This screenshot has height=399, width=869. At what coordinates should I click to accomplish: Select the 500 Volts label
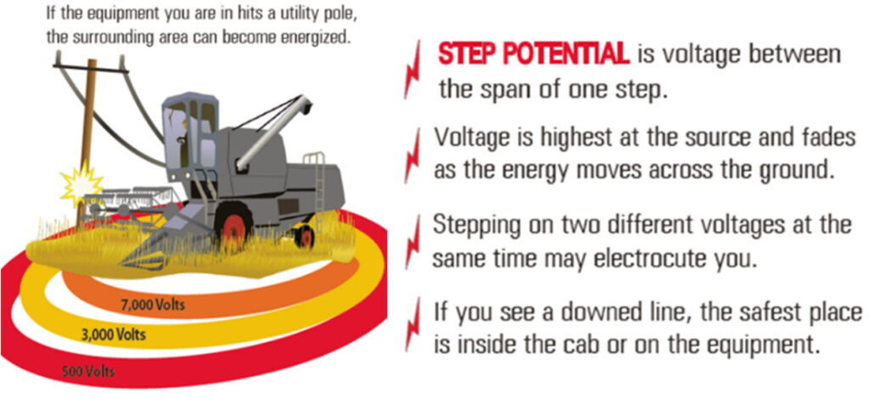click(x=88, y=371)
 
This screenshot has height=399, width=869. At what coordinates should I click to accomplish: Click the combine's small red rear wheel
click(x=303, y=235)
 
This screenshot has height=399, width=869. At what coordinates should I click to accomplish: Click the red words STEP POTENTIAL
click(x=533, y=55)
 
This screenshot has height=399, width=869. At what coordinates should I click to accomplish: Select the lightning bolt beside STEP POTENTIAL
click(x=414, y=70)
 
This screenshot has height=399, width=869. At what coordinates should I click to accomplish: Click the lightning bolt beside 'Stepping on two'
click(x=414, y=240)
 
